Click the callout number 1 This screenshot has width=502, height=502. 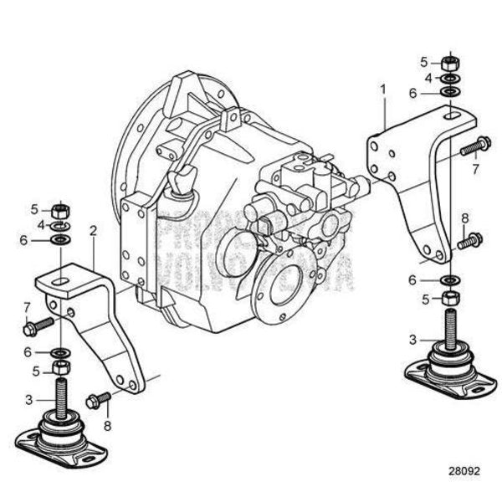tap(383, 88)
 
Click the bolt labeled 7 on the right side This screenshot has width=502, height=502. tap(474, 147)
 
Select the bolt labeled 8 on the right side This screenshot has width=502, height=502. tap(469, 240)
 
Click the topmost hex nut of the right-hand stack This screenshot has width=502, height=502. tap(451, 61)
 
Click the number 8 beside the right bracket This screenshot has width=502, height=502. tap(466, 219)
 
